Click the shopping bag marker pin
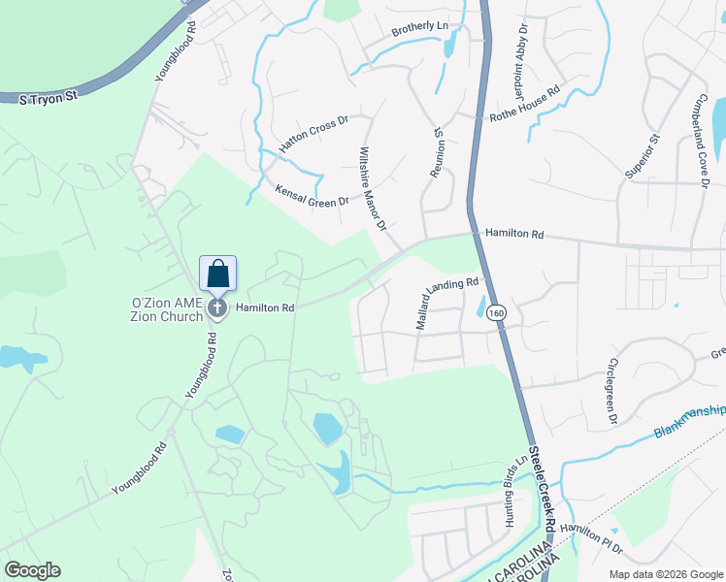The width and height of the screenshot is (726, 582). point(217,273)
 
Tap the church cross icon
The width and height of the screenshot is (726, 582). point(218,307)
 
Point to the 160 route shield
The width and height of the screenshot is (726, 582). point(497,312)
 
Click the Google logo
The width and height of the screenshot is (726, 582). point(31,570)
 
